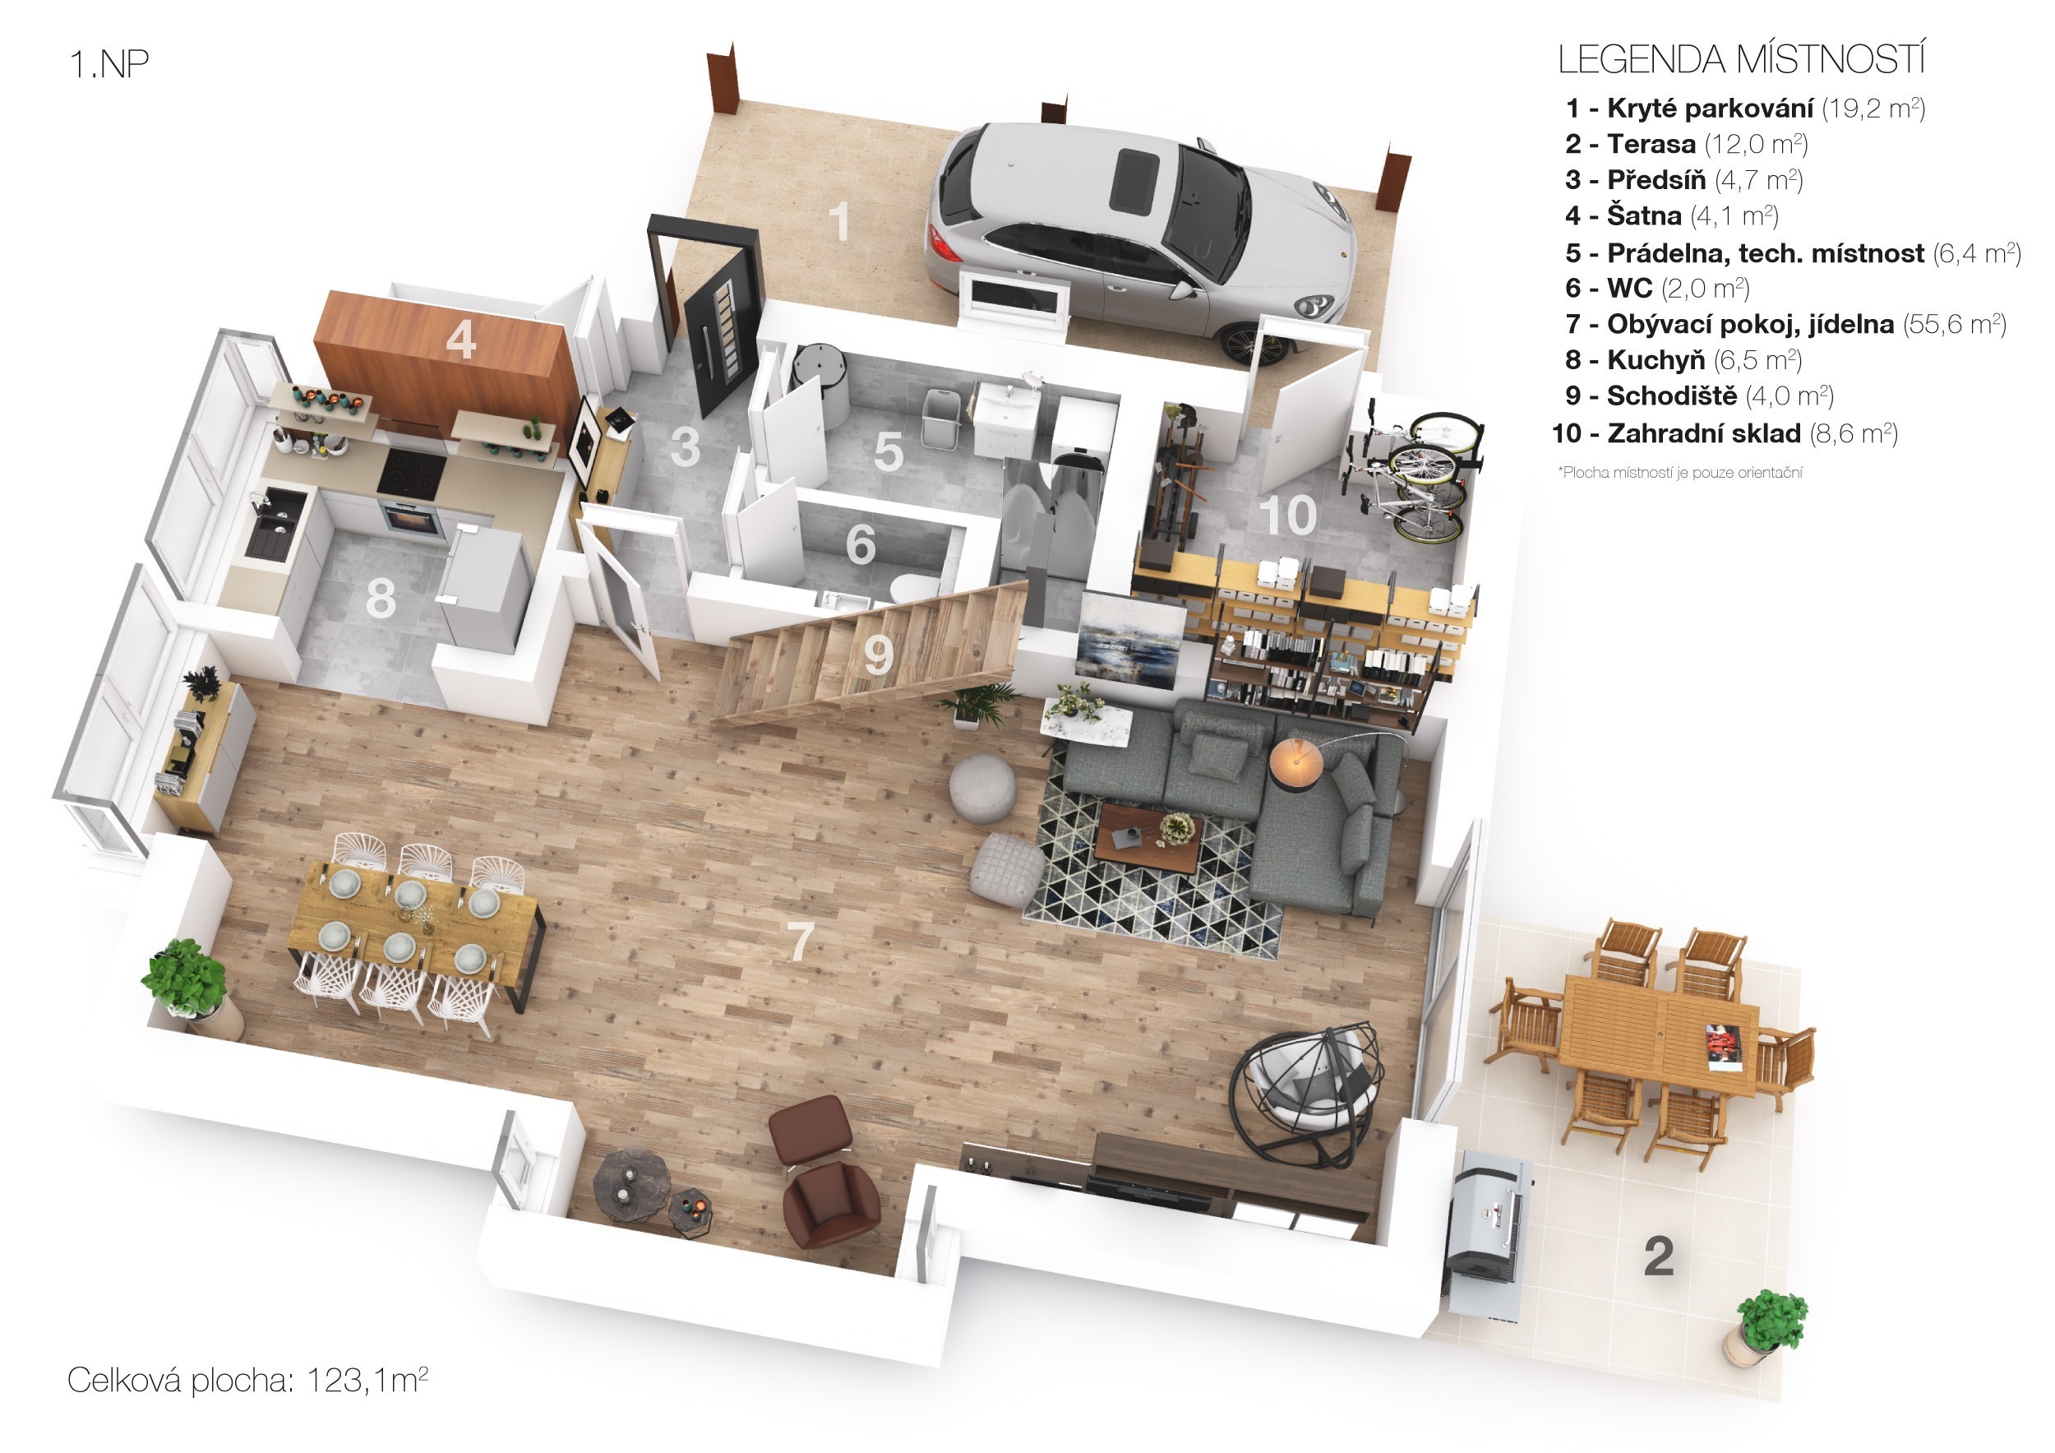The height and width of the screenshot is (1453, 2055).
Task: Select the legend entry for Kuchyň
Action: pyautogui.click(x=1683, y=359)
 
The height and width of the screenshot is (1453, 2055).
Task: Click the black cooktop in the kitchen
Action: pyautogui.click(x=412, y=474)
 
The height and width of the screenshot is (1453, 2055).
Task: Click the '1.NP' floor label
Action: pyautogui.click(x=109, y=63)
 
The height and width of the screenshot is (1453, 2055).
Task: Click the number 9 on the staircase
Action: pyautogui.click(x=878, y=655)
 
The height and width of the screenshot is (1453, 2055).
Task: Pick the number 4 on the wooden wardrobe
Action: pyautogui.click(x=460, y=340)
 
